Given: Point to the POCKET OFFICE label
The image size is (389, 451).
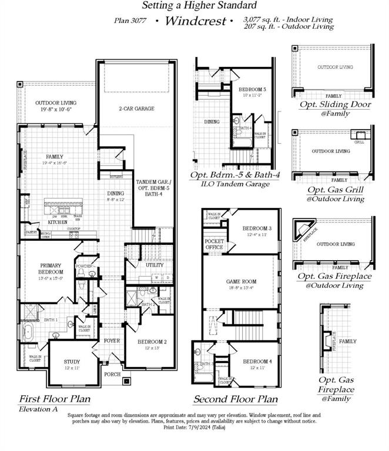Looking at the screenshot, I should point(214,244).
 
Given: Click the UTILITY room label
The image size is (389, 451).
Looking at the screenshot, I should point(155,265).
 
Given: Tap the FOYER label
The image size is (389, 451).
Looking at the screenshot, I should point(112,341).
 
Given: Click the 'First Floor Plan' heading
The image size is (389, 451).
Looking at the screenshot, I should point(55,399).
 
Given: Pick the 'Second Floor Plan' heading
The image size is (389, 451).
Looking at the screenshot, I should point(235,399).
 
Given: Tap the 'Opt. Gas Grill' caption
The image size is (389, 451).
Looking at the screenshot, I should point(335,190).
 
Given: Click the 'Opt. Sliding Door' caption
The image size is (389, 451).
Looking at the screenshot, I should point(335,104).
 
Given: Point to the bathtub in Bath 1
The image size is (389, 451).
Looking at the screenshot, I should point(28,332).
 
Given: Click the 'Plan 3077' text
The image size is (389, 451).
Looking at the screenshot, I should point(131,21).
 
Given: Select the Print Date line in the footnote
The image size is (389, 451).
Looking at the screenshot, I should point(194,427).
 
